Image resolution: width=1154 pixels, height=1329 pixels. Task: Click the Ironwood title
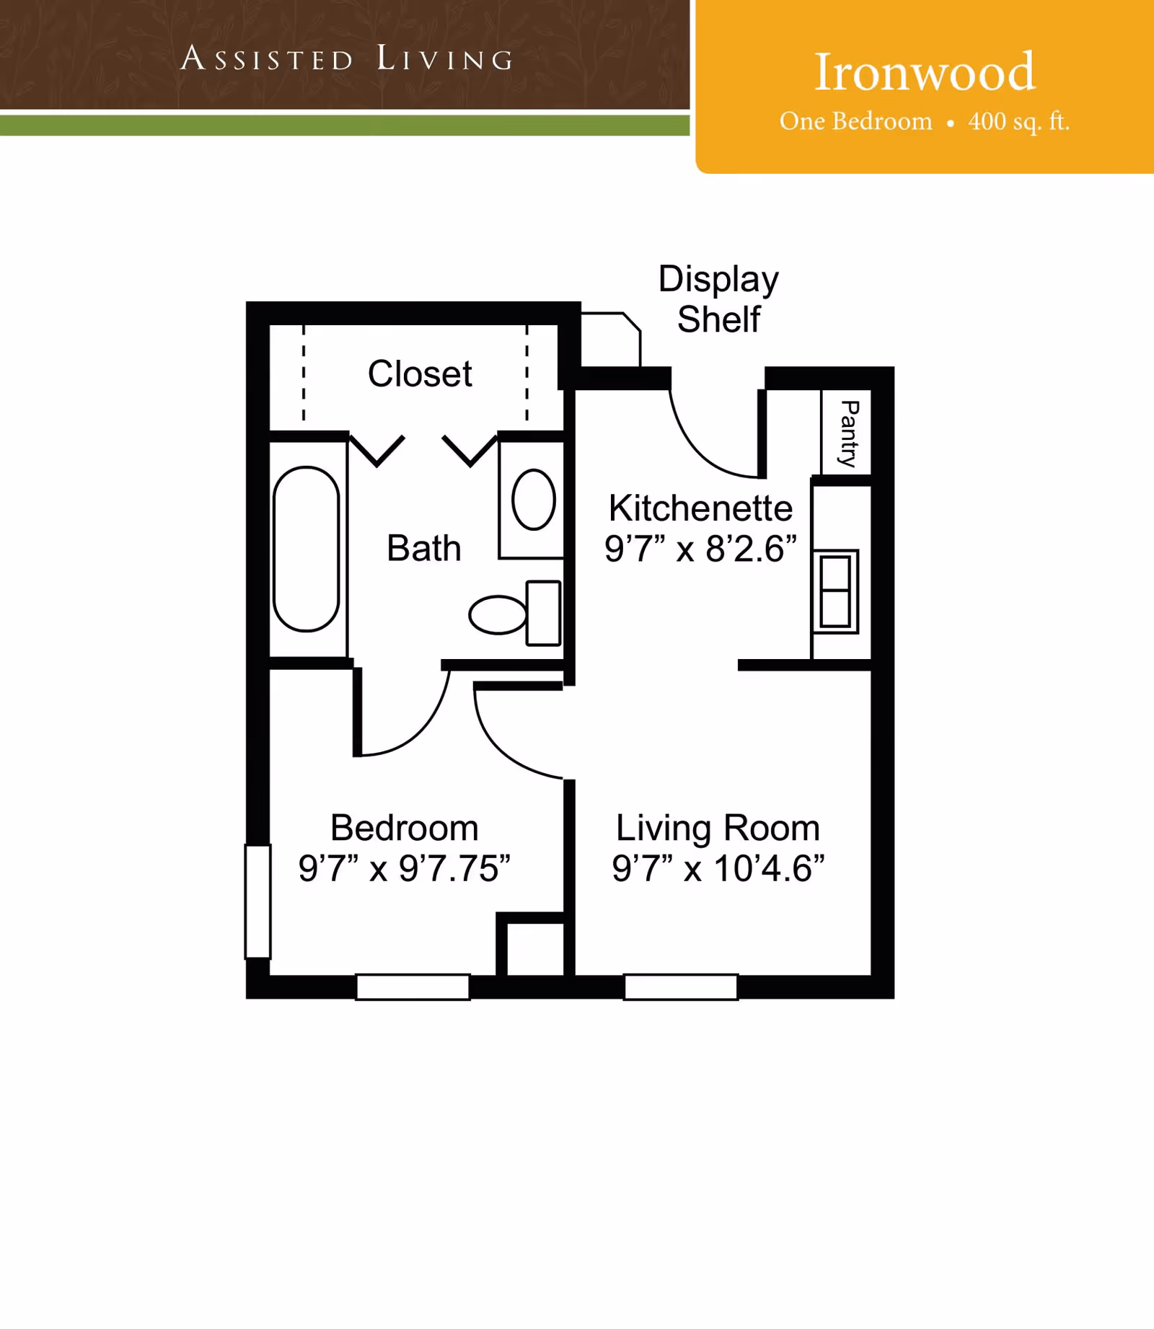pyautogui.click(x=924, y=72)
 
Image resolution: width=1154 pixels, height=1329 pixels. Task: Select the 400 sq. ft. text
pyautogui.click(x=1018, y=121)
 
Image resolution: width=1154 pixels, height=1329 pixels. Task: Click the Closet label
pyautogui.click(x=419, y=374)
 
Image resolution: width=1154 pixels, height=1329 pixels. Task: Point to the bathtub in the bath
pyautogui.click(x=307, y=549)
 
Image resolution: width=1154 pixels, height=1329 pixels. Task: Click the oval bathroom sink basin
pyautogui.click(x=534, y=500)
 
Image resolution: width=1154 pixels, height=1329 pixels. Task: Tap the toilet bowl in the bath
pyautogui.click(x=498, y=614)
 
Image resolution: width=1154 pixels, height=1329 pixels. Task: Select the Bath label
pyautogui.click(x=423, y=548)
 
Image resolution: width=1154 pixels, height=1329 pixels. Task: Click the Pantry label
pyautogui.click(x=849, y=433)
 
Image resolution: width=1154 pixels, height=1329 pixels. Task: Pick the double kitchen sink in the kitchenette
pyautogui.click(x=835, y=591)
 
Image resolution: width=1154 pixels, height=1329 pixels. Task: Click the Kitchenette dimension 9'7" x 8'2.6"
pyautogui.click(x=700, y=549)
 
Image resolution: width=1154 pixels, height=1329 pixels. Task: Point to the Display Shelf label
pyautogui.click(x=718, y=299)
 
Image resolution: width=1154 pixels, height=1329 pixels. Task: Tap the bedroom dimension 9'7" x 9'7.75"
pyautogui.click(x=404, y=868)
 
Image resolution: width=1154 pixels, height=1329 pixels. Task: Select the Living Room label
pyautogui.click(x=718, y=828)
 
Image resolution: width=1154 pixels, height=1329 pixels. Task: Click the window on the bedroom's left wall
pyautogui.click(x=257, y=901)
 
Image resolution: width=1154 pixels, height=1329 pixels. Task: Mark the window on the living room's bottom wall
pyautogui.click(x=681, y=986)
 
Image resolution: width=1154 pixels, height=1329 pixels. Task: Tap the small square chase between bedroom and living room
pyautogui.click(x=534, y=949)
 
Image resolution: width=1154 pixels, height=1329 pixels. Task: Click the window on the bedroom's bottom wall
pyautogui.click(x=413, y=986)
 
